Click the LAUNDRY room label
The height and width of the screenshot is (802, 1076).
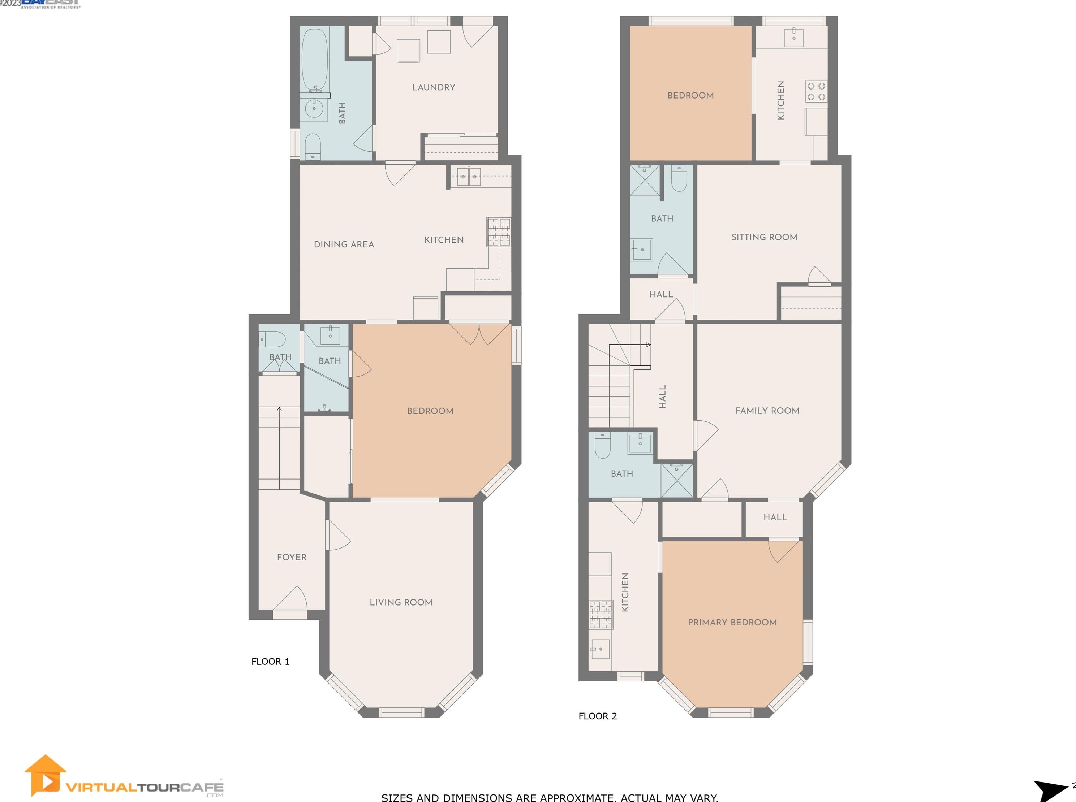click(x=433, y=87)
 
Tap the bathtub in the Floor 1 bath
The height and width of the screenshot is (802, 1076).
click(x=314, y=58)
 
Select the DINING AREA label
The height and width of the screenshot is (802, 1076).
click(x=344, y=244)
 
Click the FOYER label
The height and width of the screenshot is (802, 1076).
click(x=292, y=557)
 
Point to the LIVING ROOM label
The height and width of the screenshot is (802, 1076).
click(x=401, y=602)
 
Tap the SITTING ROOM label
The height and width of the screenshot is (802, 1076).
click(x=764, y=237)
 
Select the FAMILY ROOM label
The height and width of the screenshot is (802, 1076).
click(x=767, y=411)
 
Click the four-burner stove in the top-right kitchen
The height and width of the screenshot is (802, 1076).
click(x=815, y=91)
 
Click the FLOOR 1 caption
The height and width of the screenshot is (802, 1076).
click(x=270, y=661)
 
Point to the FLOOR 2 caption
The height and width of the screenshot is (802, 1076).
click(x=598, y=716)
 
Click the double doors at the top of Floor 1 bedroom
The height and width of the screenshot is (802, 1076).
click(x=479, y=334)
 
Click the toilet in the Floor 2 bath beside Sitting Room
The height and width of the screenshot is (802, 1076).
click(x=679, y=179)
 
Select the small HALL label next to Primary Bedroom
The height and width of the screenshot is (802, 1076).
click(x=775, y=517)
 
